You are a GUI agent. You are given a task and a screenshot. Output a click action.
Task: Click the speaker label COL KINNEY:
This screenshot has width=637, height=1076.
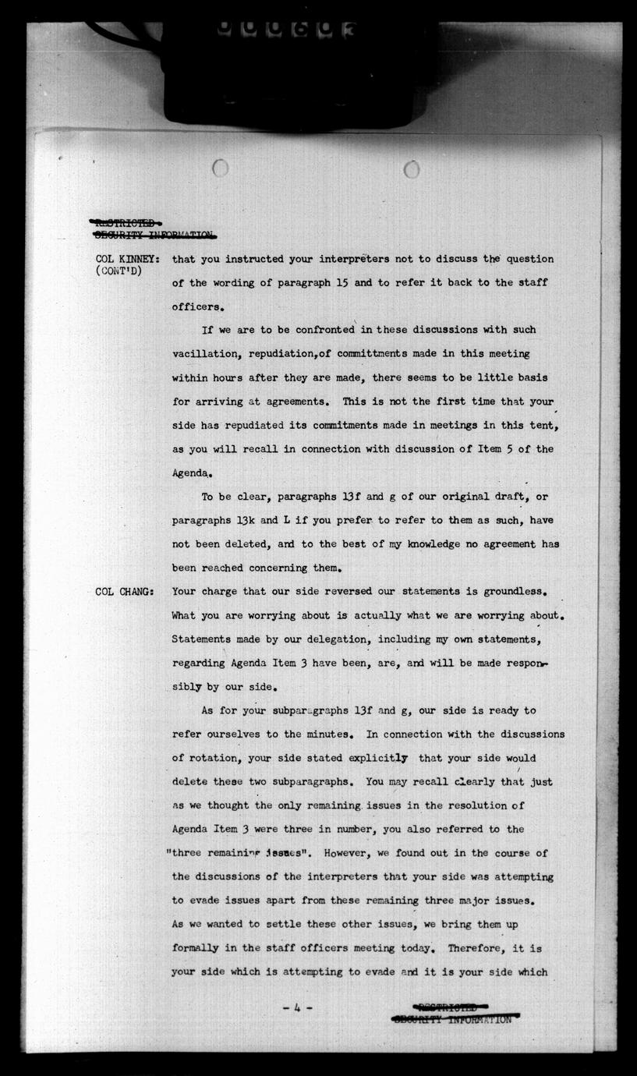(128, 259)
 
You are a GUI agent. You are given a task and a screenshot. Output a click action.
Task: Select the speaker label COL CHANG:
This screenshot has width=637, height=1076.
(125, 592)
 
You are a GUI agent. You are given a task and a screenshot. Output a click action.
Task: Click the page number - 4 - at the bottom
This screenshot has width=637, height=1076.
(298, 1007)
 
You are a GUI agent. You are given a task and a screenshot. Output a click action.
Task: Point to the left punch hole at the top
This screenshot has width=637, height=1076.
(221, 168)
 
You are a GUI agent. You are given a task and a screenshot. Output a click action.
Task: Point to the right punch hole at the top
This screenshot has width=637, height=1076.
(412, 168)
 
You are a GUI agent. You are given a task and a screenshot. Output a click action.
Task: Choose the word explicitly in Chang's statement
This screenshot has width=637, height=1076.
(378, 758)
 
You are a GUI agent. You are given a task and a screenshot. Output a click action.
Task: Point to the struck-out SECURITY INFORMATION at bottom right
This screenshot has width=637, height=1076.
(453, 1019)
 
